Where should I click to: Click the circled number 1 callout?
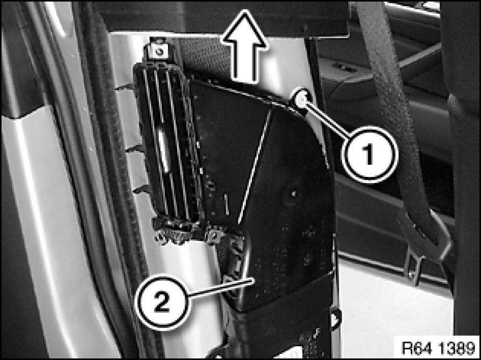click(370, 154)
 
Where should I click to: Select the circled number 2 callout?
click(162, 302)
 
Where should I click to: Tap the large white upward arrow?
click(244, 46)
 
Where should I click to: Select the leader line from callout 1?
click(326, 118)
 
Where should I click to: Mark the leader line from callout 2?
click(220, 288)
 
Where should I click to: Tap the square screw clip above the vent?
click(159, 51)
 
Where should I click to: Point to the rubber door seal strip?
click(116, 184)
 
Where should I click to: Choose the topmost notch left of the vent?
click(124, 88)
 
